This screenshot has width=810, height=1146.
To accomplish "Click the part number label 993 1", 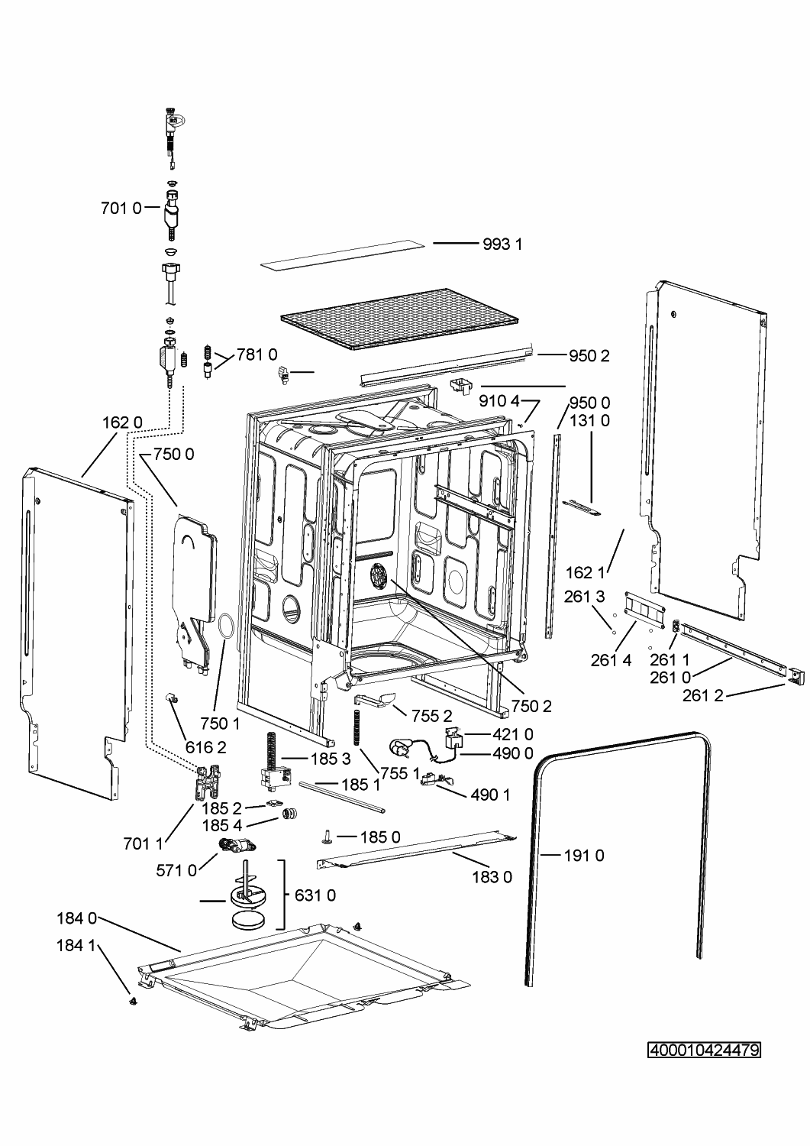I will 502,244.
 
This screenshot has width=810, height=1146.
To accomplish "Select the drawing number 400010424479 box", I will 704,1050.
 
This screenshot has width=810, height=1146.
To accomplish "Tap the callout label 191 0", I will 584,856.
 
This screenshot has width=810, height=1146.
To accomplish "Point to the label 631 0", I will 315,895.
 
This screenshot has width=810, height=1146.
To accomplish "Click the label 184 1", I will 76,946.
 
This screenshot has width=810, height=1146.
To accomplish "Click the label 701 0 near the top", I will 121,207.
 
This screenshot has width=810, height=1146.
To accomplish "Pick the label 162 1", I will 586,572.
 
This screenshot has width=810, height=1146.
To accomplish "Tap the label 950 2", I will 589,355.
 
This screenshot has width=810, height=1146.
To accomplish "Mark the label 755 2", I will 432,715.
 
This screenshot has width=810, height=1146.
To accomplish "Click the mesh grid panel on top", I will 402,319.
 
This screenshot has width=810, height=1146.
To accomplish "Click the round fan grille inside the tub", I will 379,576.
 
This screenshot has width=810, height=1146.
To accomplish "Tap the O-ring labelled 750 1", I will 224,625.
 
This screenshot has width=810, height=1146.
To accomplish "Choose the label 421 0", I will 512,734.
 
